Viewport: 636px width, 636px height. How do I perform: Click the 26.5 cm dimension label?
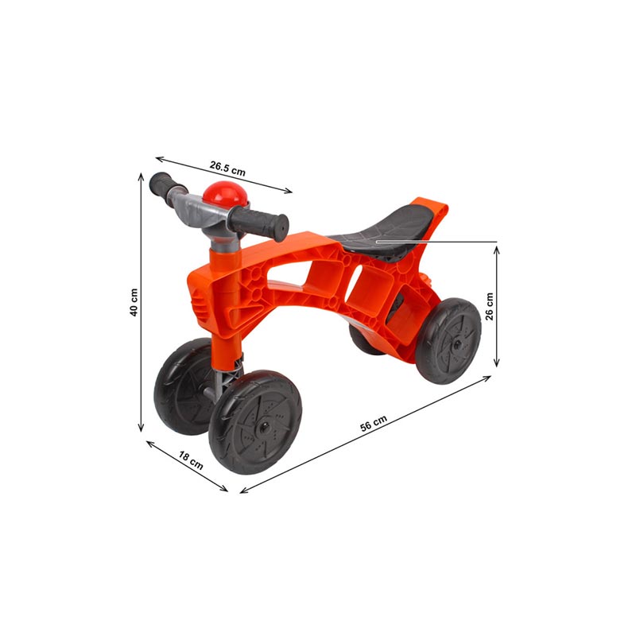(227, 168)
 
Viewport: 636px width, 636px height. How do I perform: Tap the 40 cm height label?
(134, 303)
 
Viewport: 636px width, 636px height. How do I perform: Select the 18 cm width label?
(191, 460)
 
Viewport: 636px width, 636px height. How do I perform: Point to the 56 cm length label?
(374, 423)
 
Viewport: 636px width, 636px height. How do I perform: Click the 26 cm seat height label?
(490, 307)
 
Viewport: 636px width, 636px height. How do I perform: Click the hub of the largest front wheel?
(264, 427)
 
